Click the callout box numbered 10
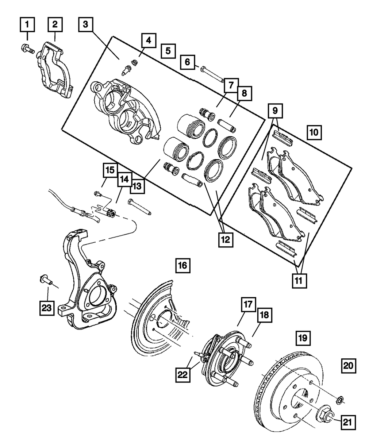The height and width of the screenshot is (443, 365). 314,132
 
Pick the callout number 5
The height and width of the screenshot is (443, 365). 168,51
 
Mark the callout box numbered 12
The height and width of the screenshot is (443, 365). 226,240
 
